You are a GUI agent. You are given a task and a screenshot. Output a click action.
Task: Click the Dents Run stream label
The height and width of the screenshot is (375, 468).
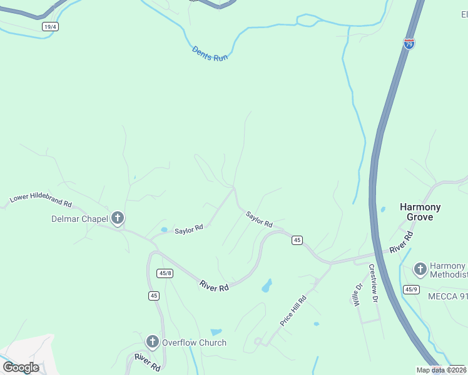[x=210, y=53]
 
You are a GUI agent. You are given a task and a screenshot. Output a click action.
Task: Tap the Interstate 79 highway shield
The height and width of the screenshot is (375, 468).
[x=409, y=44]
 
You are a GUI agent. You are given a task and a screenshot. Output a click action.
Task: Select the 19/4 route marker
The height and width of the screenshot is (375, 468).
[x=51, y=27]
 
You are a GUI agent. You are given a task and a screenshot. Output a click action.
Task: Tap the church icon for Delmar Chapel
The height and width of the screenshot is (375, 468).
[x=117, y=219]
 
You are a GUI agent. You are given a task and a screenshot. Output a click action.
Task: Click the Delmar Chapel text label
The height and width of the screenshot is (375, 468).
[x=79, y=219]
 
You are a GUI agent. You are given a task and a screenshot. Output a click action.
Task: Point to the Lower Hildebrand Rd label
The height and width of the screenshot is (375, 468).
[x=41, y=201]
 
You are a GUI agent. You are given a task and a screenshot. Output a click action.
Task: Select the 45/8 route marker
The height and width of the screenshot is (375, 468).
[x=165, y=273]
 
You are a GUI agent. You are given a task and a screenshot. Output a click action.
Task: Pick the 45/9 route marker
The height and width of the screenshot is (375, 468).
[x=411, y=289]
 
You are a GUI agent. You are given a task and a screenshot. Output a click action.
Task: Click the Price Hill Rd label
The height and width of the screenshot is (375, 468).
[x=293, y=311]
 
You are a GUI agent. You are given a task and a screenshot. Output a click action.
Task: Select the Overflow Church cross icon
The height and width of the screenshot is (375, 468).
[x=152, y=342]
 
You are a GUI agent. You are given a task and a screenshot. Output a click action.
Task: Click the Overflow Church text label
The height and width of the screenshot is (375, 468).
[x=194, y=342]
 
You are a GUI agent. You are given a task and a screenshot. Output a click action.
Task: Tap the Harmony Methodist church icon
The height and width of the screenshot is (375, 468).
[x=420, y=270]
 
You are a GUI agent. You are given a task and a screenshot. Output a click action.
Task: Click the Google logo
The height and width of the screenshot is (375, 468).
[x=21, y=367]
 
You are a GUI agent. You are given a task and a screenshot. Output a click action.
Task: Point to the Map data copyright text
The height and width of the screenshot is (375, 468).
[x=440, y=370]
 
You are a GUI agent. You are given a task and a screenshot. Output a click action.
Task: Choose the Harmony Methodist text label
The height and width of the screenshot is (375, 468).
[x=449, y=271]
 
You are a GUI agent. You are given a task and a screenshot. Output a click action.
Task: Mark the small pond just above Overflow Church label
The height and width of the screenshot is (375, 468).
[x=216, y=332]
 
